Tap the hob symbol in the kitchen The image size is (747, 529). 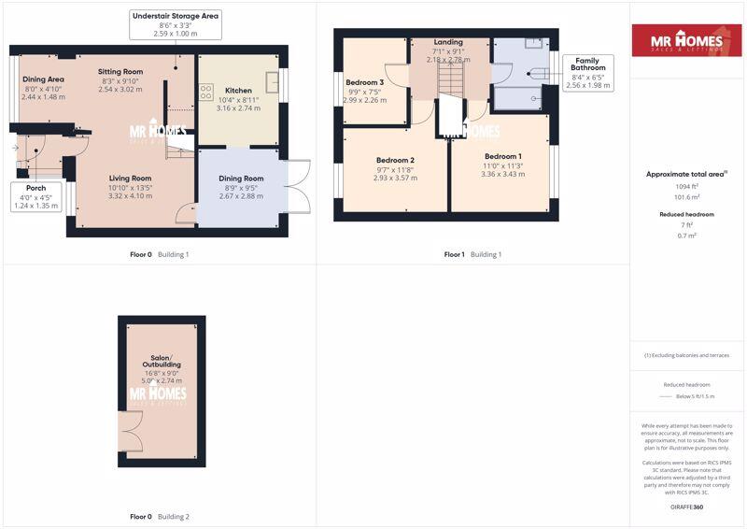(205, 92)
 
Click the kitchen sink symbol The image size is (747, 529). (272, 82)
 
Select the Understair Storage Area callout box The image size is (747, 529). (176, 25)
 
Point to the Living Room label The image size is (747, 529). (130, 179)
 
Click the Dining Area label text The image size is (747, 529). (43, 79)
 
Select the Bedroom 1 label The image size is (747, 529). (502, 156)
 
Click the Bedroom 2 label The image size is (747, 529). (395, 161)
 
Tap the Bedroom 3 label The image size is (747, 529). (364, 82)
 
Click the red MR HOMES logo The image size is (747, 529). (687, 41)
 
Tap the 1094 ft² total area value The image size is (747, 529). (687, 187)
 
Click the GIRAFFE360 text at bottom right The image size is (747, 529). (686, 506)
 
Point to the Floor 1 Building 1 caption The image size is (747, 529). (472, 254)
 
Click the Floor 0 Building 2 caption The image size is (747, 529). (159, 517)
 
